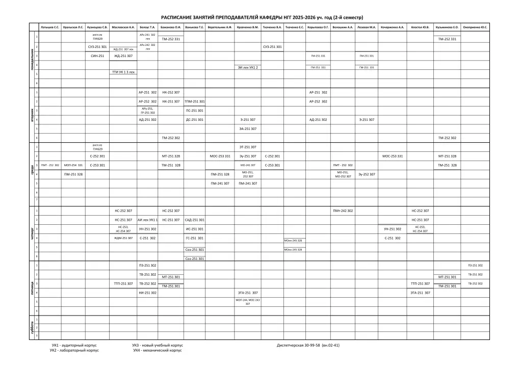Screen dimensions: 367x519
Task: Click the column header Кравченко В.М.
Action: point(248,27)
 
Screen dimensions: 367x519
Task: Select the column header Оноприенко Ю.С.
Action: point(475,27)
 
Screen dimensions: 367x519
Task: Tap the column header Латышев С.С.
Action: point(50,27)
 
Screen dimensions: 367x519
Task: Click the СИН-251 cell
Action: point(97,56)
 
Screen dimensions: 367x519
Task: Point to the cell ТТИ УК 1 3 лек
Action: point(123,72)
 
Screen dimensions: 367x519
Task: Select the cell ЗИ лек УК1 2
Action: point(248,67)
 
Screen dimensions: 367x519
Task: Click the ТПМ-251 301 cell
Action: point(195,101)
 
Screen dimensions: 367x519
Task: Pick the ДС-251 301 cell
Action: point(195,120)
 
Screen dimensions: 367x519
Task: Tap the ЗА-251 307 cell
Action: point(248,129)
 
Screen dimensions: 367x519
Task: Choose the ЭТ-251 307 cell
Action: point(248,147)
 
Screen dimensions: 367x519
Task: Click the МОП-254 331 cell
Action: point(73,165)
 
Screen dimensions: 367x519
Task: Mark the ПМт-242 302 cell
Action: point(343,211)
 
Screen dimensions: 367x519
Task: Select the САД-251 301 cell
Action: point(195,220)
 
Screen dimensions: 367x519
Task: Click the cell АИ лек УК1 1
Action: point(148,220)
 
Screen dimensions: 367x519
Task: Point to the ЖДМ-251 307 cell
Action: point(123,238)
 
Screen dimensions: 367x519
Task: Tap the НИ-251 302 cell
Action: point(148,293)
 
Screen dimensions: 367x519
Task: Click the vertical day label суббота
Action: point(32,327)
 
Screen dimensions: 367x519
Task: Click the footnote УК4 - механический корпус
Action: point(157,351)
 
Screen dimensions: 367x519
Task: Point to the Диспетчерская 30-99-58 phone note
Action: point(308,345)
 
